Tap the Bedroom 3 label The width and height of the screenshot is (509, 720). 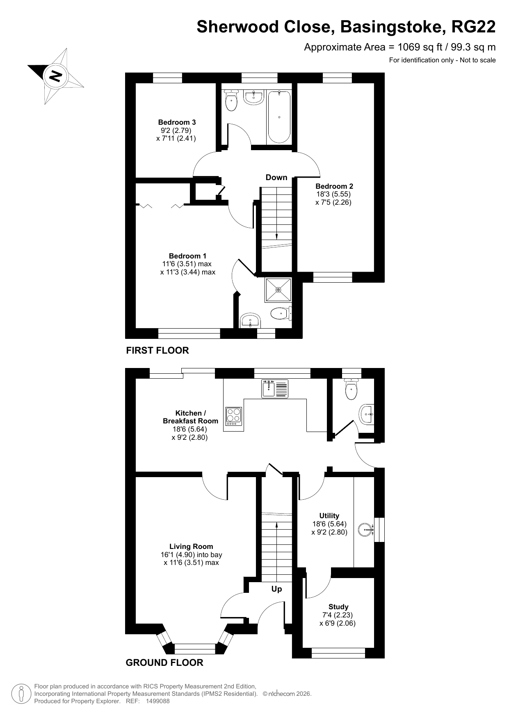177,122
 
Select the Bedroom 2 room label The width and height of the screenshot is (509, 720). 334,186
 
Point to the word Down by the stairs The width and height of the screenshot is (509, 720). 276,177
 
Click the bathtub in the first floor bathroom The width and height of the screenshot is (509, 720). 279,117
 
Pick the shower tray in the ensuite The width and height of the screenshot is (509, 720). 278,290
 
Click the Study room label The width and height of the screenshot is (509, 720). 338,607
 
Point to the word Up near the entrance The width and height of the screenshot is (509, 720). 277,589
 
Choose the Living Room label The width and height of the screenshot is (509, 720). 191,546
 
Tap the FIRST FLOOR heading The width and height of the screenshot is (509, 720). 157,350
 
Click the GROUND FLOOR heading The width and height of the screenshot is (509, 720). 164,663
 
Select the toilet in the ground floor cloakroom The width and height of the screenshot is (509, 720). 352,389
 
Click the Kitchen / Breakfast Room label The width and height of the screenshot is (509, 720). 190,417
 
